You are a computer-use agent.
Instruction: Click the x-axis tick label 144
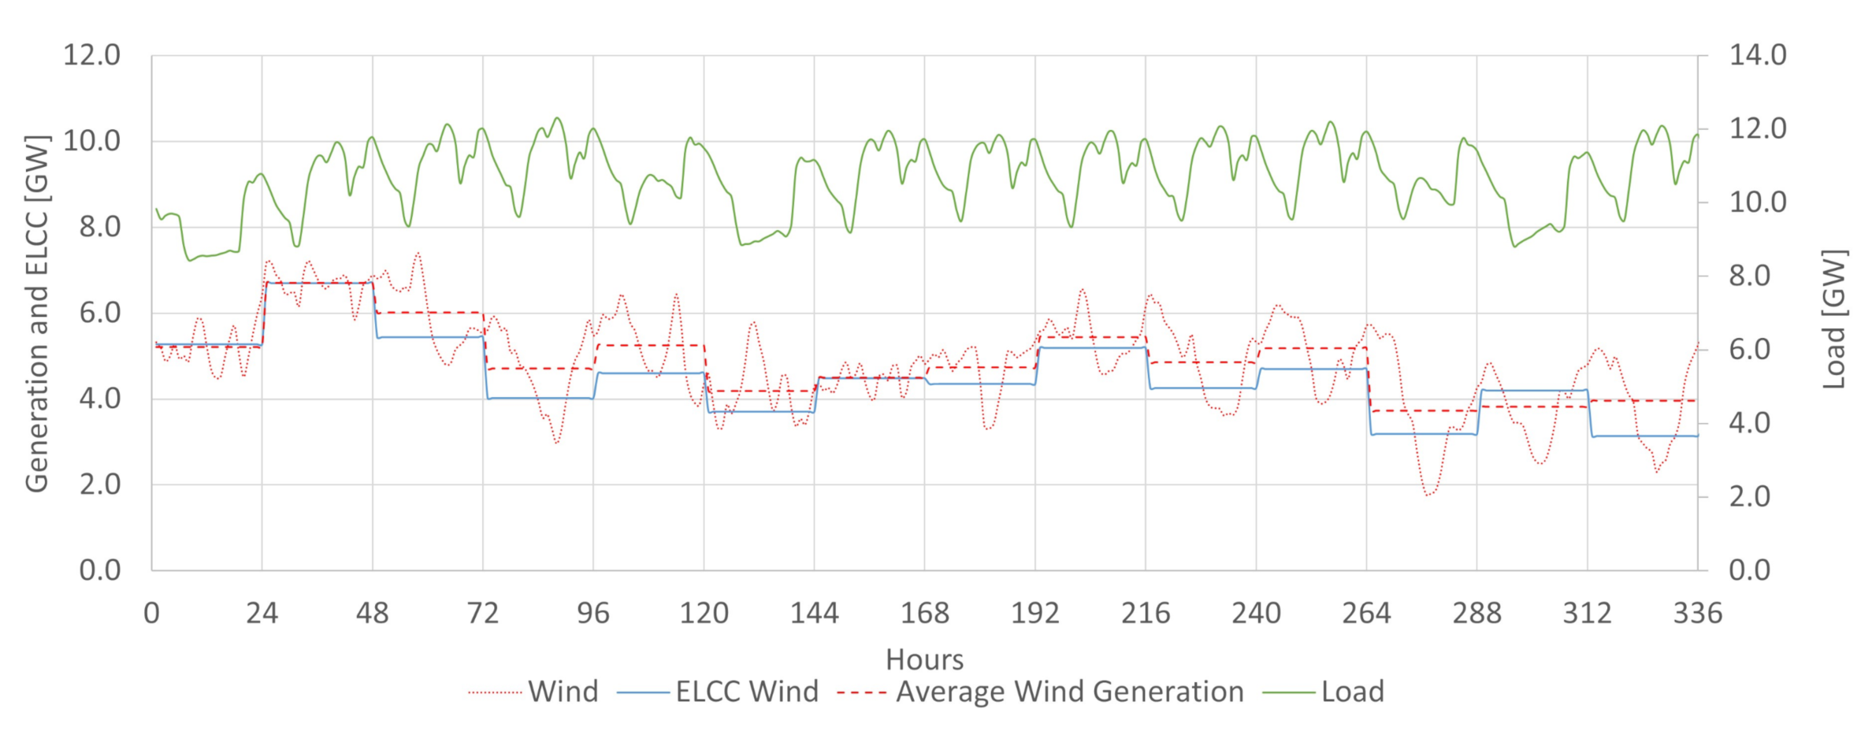click(x=814, y=613)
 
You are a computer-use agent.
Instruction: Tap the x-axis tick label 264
click(x=1366, y=613)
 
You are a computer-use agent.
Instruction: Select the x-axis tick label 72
click(x=482, y=613)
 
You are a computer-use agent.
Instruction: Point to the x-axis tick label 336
click(x=1697, y=613)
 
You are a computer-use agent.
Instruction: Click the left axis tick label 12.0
click(x=91, y=55)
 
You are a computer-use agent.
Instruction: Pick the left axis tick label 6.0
click(x=99, y=313)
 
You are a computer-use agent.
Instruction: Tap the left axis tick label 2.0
click(x=99, y=484)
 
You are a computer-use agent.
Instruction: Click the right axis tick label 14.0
click(x=1758, y=55)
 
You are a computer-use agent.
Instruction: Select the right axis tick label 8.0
click(x=1749, y=276)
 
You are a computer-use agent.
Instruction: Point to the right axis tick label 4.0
click(x=1749, y=423)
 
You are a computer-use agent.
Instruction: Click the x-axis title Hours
click(x=924, y=659)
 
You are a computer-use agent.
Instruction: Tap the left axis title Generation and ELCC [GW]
click(x=37, y=314)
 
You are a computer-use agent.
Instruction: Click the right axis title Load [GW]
click(x=1834, y=319)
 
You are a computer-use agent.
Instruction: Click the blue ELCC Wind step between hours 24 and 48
click(x=318, y=283)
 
